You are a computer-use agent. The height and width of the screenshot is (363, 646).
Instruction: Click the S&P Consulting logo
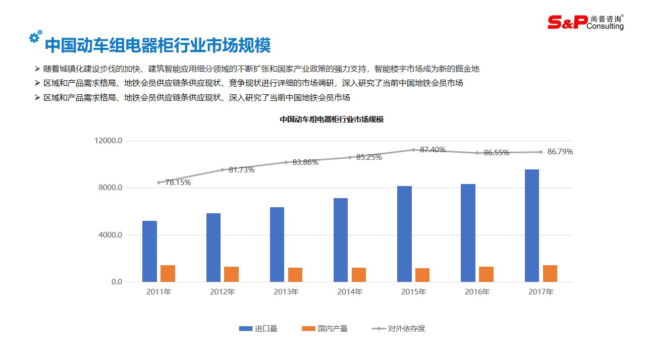(585, 22)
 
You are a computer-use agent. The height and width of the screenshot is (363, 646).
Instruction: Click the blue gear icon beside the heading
(35, 36)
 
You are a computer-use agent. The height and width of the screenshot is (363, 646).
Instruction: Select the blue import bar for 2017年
(532, 225)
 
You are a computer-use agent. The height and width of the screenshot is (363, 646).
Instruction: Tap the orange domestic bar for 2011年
(168, 273)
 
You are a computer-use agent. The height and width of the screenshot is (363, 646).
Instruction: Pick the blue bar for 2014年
(341, 240)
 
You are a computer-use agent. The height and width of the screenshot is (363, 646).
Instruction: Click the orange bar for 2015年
(422, 275)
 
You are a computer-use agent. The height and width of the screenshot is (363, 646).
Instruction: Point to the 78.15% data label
(178, 183)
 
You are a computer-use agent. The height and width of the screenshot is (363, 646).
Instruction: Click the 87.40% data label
(433, 150)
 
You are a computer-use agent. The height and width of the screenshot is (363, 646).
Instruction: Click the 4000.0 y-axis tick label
(110, 235)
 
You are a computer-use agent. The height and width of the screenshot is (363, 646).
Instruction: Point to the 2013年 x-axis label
(286, 292)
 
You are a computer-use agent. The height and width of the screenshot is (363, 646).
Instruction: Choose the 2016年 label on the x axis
(477, 292)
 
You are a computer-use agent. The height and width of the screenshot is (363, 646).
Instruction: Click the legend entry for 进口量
(258, 329)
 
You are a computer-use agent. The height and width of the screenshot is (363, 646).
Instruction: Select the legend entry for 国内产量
(325, 329)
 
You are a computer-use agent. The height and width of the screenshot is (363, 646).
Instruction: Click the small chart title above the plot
(332, 119)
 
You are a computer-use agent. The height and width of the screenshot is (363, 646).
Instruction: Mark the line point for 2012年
(222, 170)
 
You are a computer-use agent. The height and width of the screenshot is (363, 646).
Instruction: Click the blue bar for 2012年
(213, 248)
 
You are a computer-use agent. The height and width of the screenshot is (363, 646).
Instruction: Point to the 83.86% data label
(305, 162)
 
